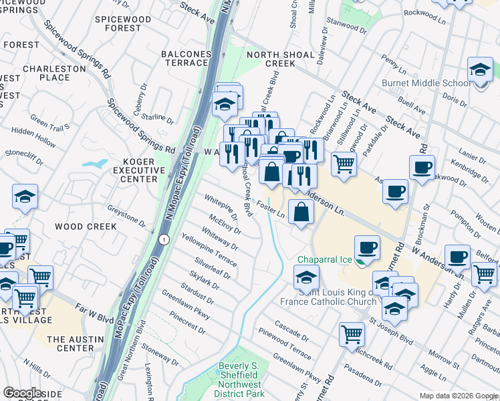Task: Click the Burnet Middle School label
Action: (426, 84)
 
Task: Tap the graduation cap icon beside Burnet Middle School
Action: (480, 71)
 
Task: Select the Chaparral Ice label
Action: (324, 259)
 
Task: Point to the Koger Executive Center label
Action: (130, 170)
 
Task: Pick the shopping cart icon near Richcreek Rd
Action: (352, 334)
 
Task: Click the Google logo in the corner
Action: (22, 392)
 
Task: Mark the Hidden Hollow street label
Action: (33, 138)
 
